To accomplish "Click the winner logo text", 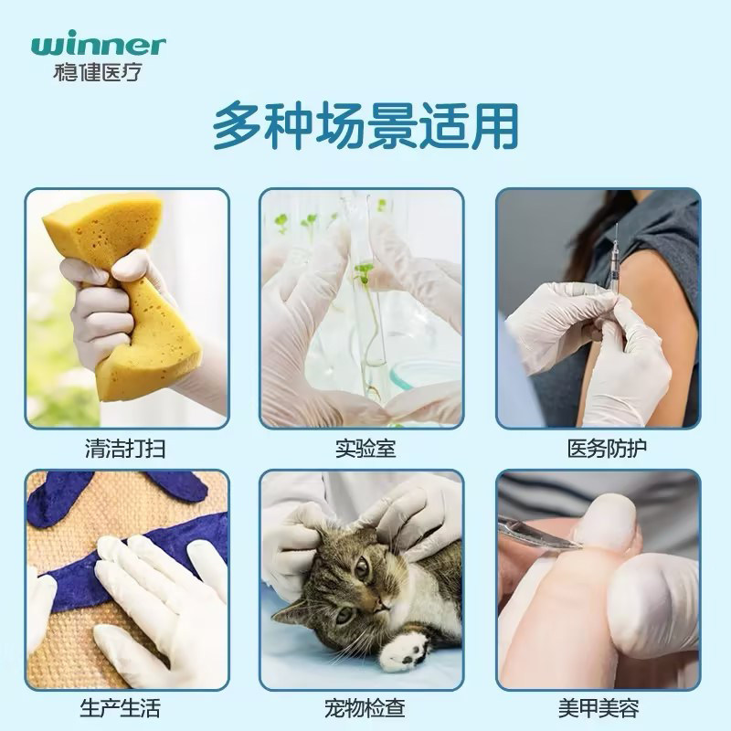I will pyautogui.click(x=98, y=45).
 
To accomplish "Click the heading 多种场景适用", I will pyautogui.click(x=365, y=127).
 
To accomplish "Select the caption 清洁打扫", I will pyautogui.click(x=127, y=450).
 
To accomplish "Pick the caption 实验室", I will pyautogui.click(x=365, y=450).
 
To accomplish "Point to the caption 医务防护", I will pyautogui.click(x=599, y=450).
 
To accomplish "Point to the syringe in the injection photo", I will pyautogui.click(x=613, y=265).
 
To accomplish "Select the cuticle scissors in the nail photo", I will pyautogui.click(x=539, y=535).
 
